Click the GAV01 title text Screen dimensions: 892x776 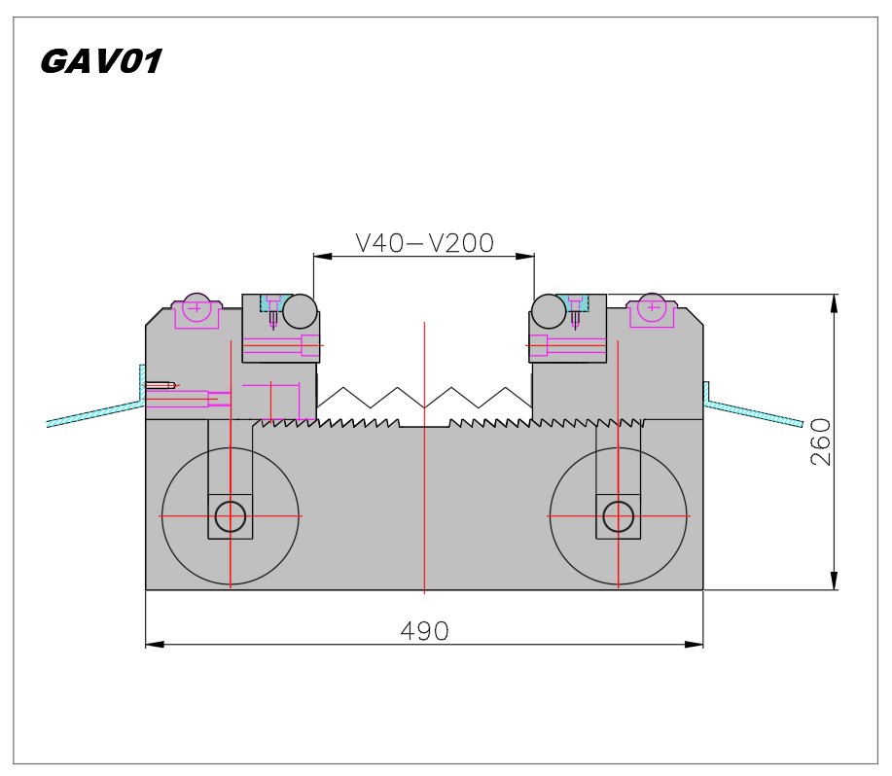(x=101, y=61)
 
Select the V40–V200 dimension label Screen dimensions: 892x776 (x=424, y=243)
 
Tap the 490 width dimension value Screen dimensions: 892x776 (x=424, y=630)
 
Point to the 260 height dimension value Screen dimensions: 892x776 (x=820, y=442)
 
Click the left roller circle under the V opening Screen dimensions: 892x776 (x=300, y=311)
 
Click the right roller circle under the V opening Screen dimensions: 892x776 (x=549, y=311)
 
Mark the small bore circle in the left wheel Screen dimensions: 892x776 (x=231, y=516)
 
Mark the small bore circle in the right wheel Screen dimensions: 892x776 (x=619, y=516)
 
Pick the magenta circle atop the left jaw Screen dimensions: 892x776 (x=196, y=307)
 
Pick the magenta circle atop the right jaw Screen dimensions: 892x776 (x=652, y=307)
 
